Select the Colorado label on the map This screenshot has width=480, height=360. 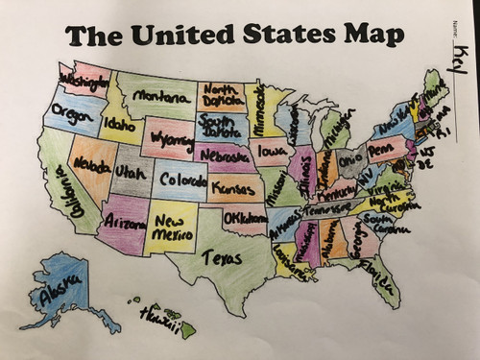tap(182, 179)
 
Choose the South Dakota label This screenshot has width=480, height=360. tap(223, 126)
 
